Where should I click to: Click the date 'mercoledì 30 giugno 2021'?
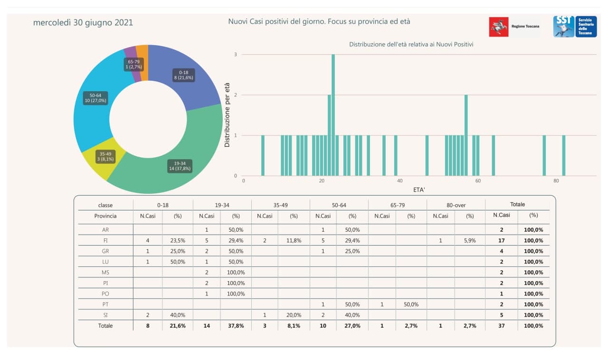pyautogui.click(x=83, y=23)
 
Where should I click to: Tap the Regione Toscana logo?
pyautogui.click(x=514, y=27)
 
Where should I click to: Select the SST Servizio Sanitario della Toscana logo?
pyautogui.click(x=575, y=27)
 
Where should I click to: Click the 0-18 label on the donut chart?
pyautogui.click(x=184, y=75)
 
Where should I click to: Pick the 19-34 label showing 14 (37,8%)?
pyautogui.click(x=180, y=166)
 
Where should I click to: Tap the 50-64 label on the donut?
pyautogui.click(x=95, y=98)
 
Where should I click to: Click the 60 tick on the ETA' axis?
pyautogui.click(x=478, y=181)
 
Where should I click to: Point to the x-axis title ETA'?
pyautogui.click(x=419, y=189)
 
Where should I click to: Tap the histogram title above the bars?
pyautogui.click(x=411, y=44)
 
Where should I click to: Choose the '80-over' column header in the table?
pyautogui.click(x=456, y=205)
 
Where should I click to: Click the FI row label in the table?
pyautogui.click(x=105, y=240)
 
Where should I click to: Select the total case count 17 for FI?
pyautogui.click(x=502, y=240)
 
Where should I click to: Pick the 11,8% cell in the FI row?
pyautogui.click(x=294, y=240)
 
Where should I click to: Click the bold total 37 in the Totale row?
pyautogui.click(x=502, y=326)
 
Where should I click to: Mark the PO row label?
pyautogui.click(x=105, y=294)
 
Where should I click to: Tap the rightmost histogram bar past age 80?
pyautogui.click(x=563, y=156)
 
